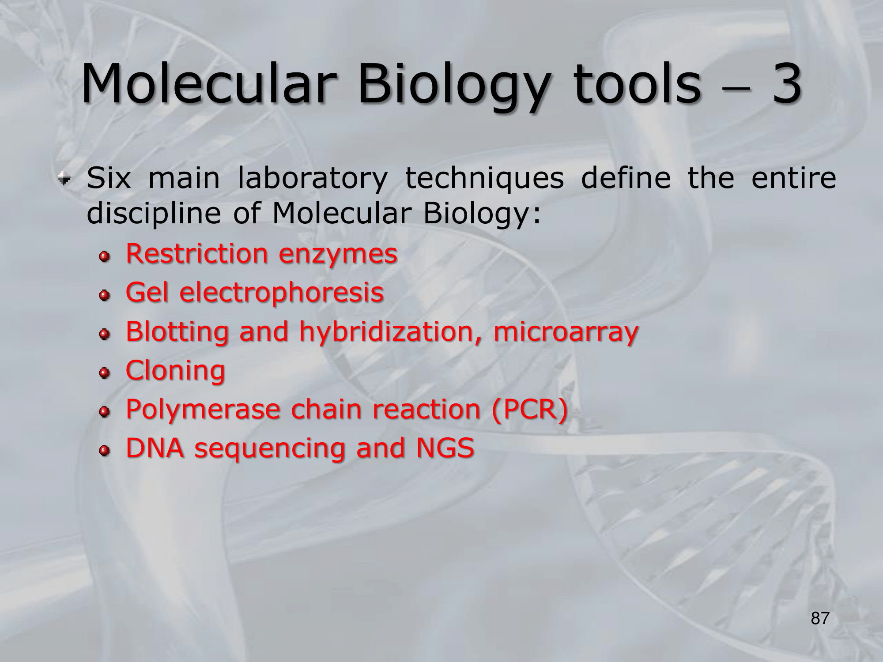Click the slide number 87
coord(820,618)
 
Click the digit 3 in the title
coord(786,84)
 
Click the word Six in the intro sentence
coord(109,178)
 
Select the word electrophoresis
coord(282,293)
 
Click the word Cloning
coord(175,371)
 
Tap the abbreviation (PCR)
coord(530,410)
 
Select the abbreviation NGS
coord(445,448)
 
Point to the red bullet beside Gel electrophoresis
coord(105,295)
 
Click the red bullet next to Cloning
coord(105,373)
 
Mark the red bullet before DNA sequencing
coord(105,451)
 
